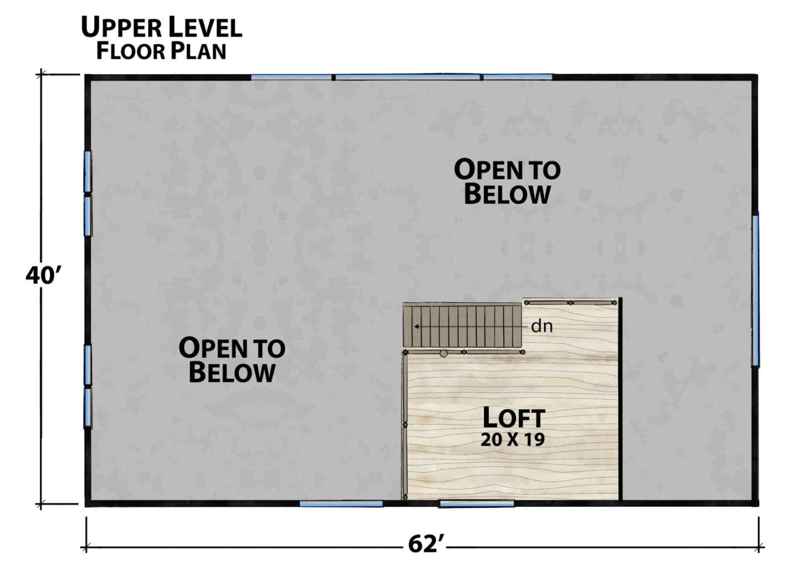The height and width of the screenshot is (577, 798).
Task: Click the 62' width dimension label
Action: pos(427,544)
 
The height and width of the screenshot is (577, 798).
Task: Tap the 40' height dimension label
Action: pos(44,276)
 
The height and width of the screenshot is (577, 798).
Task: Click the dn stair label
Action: pos(542,326)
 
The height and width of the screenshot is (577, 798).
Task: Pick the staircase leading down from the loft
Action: pos(462,325)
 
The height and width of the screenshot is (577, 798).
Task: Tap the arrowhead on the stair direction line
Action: pos(416,326)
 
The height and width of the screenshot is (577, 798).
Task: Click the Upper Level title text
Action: pos(162,27)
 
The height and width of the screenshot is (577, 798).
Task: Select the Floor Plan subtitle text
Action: pos(161,51)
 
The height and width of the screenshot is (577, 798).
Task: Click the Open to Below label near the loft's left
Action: pos(232,360)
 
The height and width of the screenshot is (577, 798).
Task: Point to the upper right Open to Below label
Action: pos(507,182)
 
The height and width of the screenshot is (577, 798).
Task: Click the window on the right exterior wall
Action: pos(755,290)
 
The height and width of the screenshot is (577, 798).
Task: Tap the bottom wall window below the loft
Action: pos(477,504)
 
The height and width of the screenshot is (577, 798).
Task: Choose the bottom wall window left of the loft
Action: pos(341,504)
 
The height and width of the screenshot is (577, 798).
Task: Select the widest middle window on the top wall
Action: pos(407,77)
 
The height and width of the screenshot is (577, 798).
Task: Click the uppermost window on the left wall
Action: pos(88,172)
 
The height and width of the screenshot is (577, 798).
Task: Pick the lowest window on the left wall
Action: pos(88,408)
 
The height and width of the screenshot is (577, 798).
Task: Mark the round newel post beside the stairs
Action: pos(443,353)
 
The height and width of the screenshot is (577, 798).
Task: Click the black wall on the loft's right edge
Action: pos(620,399)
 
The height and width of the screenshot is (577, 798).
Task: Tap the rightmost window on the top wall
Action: pos(518,77)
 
